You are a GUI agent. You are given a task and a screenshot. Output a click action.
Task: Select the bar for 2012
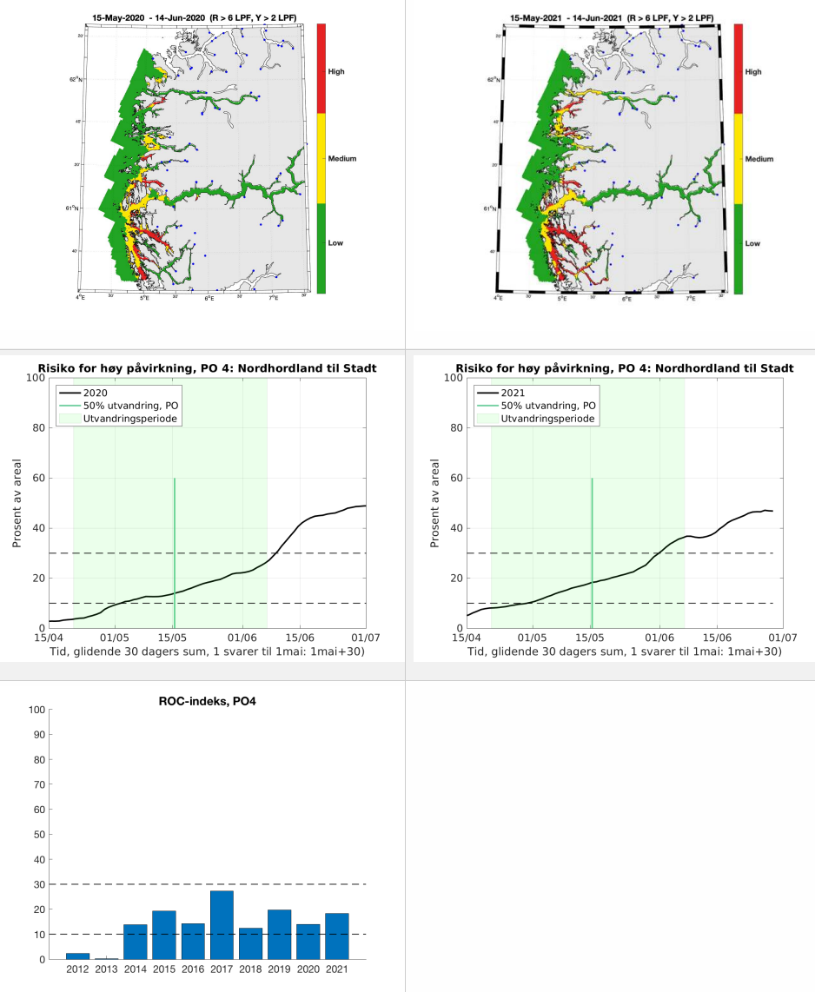pyautogui.click(x=77, y=956)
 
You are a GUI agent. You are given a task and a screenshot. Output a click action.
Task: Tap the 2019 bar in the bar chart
pyautogui.click(x=279, y=935)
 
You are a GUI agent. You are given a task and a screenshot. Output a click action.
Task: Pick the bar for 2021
pyautogui.click(x=336, y=936)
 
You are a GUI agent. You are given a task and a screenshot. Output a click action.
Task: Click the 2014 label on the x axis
pyautogui.click(x=135, y=969)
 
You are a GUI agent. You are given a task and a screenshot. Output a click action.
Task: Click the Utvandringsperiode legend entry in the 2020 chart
pyautogui.click(x=126, y=418)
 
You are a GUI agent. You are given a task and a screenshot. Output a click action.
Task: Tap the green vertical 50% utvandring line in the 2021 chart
pyautogui.click(x=592, y=552)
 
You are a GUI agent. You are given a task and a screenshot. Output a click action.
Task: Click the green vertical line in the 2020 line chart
pyautogui.click(x=175, y=552)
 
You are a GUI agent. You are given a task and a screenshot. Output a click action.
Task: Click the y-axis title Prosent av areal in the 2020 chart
pyautogui.click(x=17, y=503)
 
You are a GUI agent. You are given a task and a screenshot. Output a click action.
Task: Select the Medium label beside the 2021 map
pyautogui.click(x=759, y=159)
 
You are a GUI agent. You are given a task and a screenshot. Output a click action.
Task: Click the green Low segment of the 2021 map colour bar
pyautogui.click(x=739, y=248)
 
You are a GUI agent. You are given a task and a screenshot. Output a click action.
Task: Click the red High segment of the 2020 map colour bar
pyautogui.click(x=321, y=69)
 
